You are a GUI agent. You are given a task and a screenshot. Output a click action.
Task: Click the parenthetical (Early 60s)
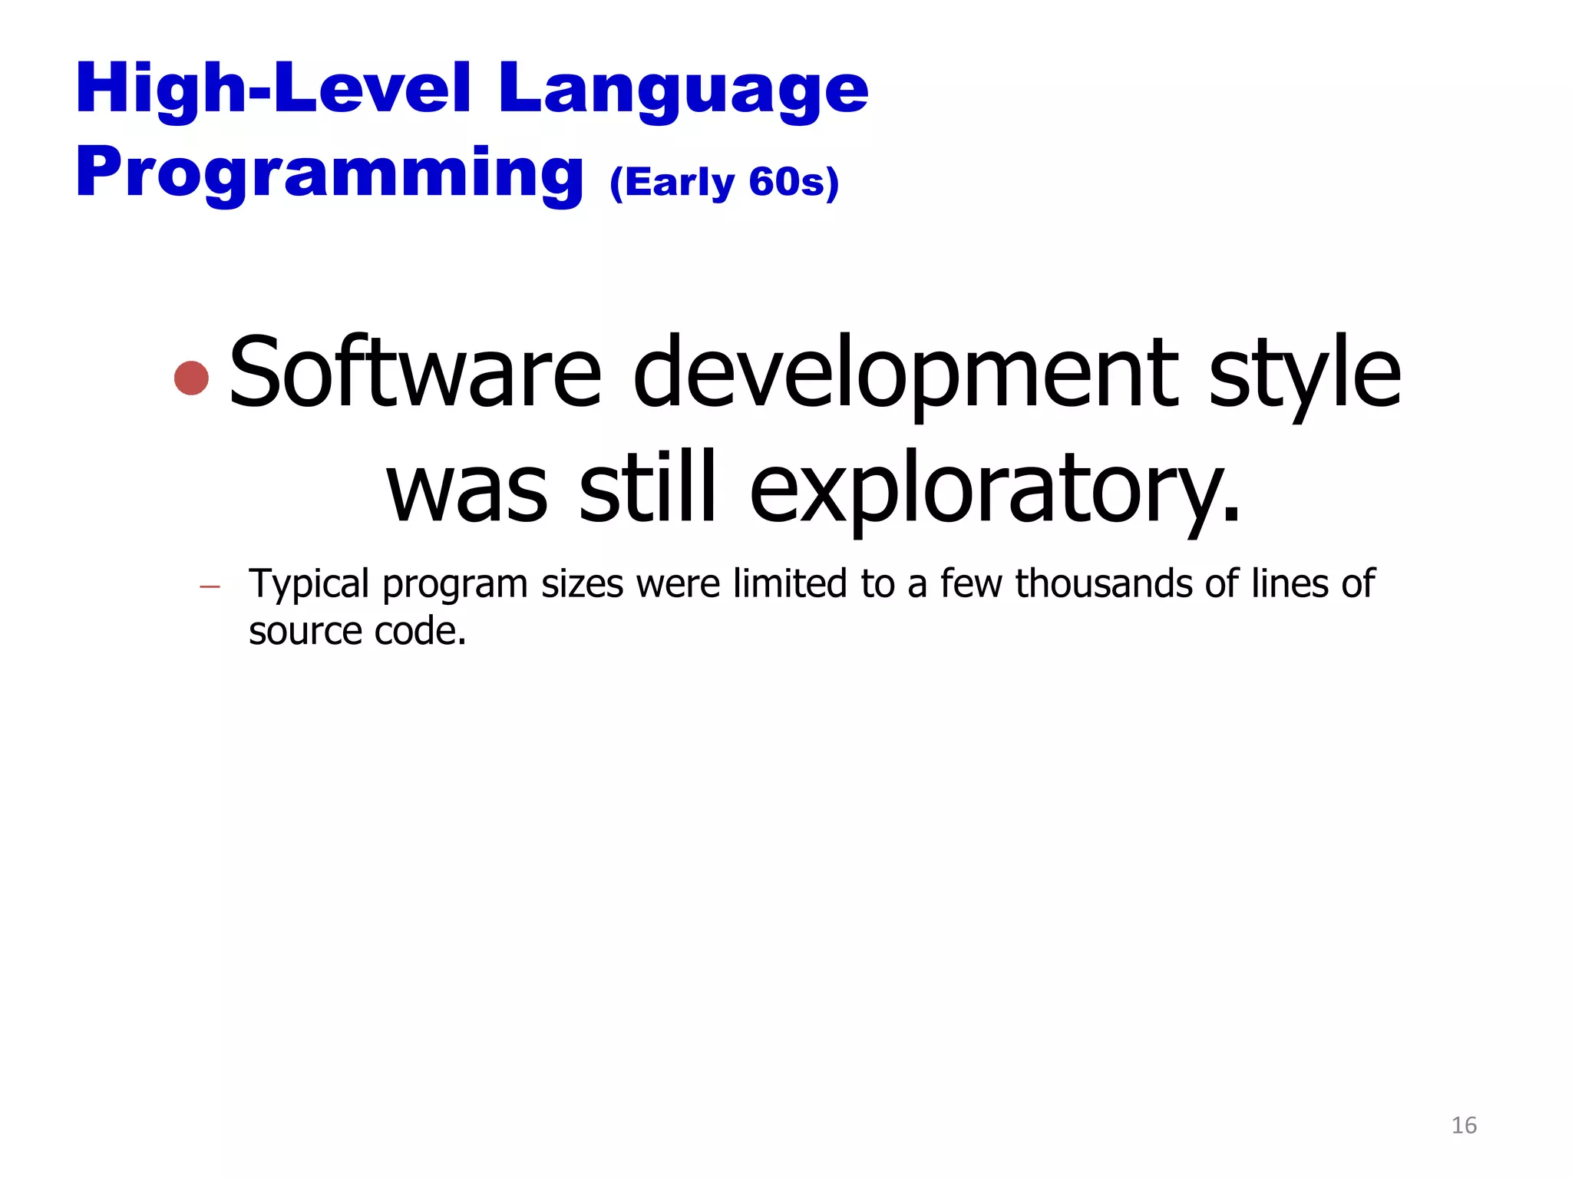[725, 183]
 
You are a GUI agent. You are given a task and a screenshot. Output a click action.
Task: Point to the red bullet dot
[191, 378]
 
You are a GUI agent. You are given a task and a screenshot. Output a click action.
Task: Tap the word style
[1304, 375]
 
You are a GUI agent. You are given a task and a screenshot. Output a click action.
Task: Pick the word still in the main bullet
[647, 487]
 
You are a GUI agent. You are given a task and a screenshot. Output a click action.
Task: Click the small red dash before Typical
[210, 588]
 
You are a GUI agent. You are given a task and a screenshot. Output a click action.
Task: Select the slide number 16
[1464, 1125]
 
